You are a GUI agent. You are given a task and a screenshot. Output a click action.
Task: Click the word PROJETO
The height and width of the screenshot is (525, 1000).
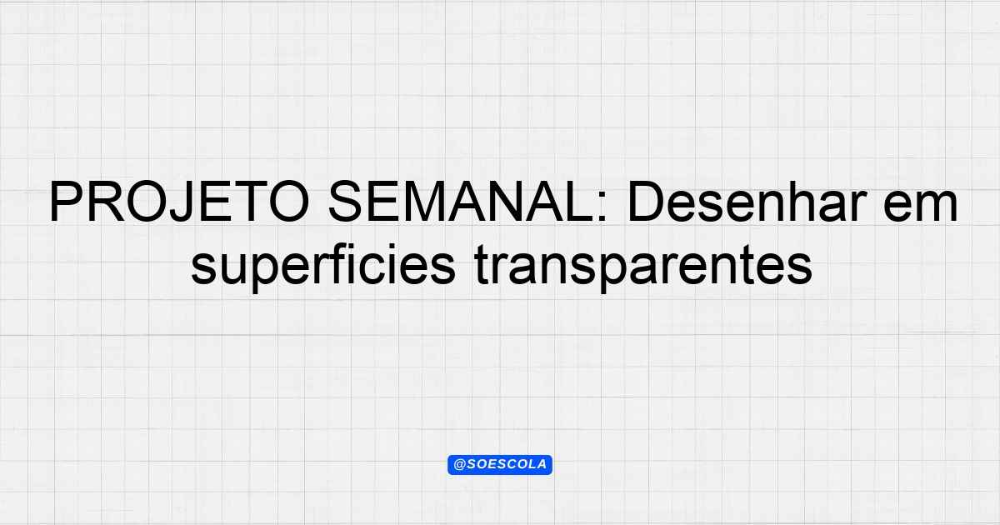pos(179,202)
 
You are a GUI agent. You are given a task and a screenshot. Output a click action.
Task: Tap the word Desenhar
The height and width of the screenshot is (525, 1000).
pos(747,202)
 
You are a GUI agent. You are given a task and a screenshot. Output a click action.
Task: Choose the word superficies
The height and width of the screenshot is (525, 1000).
pos(323,266)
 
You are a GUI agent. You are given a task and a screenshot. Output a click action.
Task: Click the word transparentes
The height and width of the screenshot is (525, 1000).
pos(643,267)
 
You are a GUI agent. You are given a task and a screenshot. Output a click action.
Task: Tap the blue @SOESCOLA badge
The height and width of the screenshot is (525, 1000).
pos(500,465)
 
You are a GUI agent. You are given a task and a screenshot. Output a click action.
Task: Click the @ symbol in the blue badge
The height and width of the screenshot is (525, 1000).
pos(459,465)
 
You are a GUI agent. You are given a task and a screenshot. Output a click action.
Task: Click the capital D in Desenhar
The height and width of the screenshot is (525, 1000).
pos(646,202)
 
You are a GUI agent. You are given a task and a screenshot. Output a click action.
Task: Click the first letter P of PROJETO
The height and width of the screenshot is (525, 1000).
pos(66,202)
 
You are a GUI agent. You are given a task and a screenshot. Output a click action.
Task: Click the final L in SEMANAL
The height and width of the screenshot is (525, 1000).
pos(580,202)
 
